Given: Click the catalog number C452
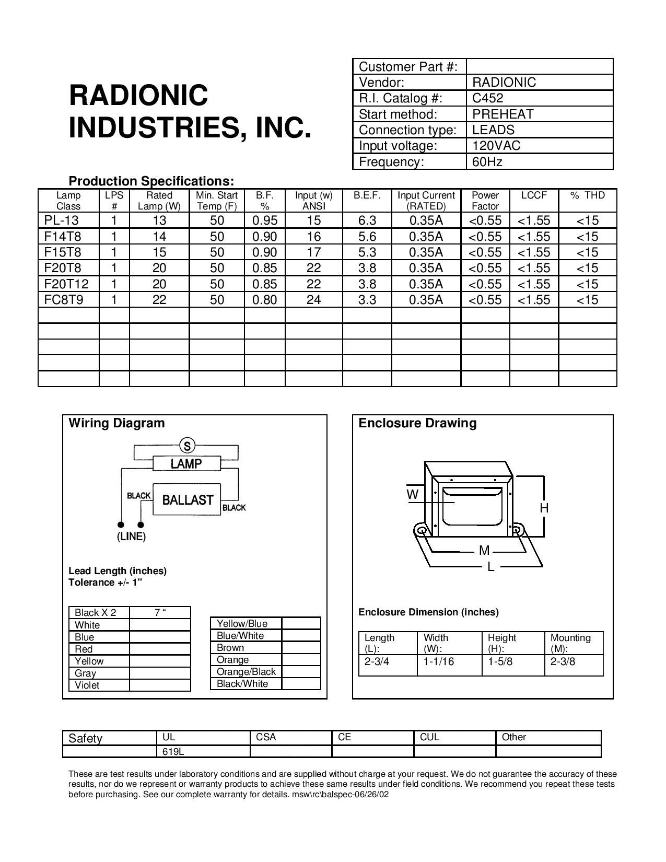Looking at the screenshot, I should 487,98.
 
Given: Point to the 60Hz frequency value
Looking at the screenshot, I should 487,162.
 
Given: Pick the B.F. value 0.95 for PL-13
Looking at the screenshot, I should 265,220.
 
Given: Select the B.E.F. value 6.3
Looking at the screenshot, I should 367,220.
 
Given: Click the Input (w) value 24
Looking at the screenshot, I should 313,300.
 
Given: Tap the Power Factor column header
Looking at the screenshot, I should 485,201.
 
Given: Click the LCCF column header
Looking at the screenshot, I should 534,195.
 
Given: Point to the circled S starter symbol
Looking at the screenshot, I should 186,446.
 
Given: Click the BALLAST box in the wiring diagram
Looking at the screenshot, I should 188,500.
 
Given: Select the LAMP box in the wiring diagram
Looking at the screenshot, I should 186,463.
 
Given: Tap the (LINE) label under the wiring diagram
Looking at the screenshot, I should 131,537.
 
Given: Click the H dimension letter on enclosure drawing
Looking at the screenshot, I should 544,508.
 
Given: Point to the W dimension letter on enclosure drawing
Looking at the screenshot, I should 413,494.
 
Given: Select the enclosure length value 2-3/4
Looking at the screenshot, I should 377,661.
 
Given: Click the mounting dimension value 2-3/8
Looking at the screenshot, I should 563,661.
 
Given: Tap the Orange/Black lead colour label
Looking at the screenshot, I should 246,672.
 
